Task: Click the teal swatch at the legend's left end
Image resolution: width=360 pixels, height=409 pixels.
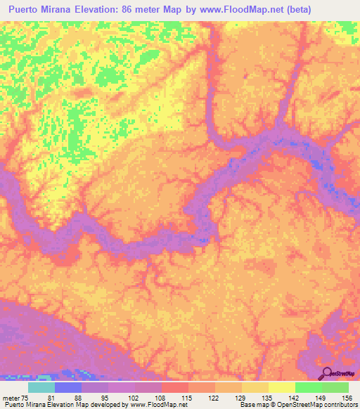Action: (x=41, y=388)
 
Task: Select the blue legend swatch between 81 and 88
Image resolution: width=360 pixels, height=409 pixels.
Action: (x=68, y=388)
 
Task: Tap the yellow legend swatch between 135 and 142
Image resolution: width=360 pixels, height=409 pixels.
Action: (x=282, y=388)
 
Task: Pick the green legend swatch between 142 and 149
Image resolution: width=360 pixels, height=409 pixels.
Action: (x=309, y=388)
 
